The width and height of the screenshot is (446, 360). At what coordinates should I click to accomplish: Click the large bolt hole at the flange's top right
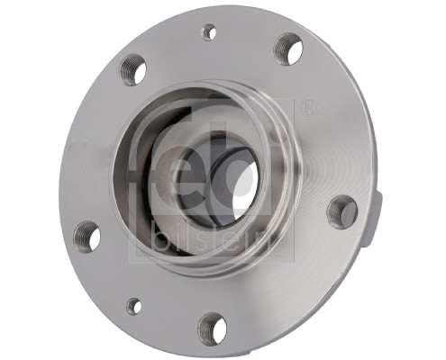288,49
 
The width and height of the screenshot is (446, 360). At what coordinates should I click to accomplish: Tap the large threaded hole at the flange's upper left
133,69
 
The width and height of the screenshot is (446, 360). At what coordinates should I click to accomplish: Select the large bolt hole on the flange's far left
86,236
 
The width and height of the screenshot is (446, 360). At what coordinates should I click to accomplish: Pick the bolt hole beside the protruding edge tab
342,212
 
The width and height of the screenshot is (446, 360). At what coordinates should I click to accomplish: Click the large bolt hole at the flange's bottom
212,328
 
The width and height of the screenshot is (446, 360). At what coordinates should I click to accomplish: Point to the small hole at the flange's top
209,32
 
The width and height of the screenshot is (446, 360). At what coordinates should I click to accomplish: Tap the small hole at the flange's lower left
133,306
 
